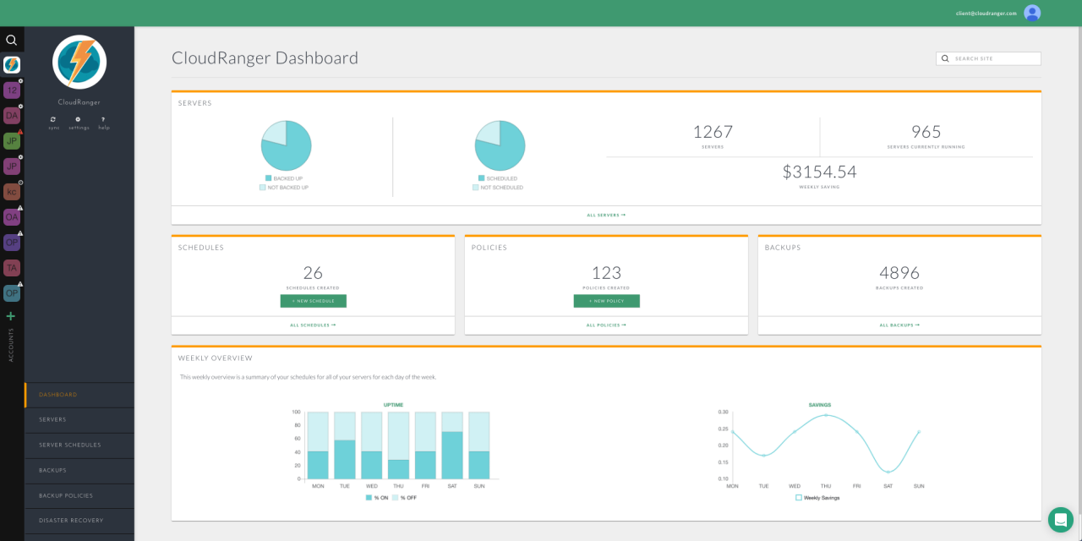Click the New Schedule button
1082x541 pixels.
pos(313,301)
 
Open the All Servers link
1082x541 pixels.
pos(606,215)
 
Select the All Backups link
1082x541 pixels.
pos(899,325)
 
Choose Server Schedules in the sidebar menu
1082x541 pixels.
pos(70,445)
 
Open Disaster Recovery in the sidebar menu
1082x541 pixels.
pos(71,521)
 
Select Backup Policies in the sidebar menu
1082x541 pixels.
pos(66,495)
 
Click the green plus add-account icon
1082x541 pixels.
pos(11,316)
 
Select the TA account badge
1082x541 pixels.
pos(12,268)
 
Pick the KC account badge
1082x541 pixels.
pos(12,192)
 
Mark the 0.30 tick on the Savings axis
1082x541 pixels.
pos(723,412)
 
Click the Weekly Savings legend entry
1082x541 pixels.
pos(817,498)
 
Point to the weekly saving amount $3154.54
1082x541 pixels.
pos(819,172)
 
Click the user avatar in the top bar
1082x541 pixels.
pos(1032,13)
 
